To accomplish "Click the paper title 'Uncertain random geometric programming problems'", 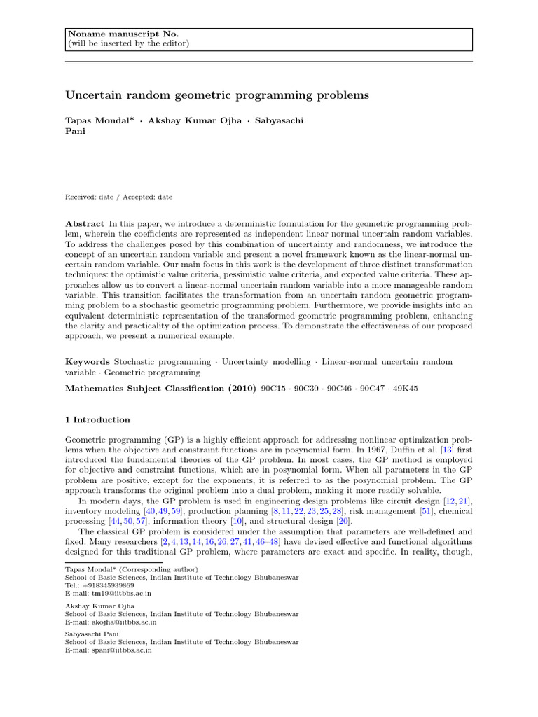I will [x=216, y=94].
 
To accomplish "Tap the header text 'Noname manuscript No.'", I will [x=109, y=34].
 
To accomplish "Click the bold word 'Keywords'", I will [x=88, y=362].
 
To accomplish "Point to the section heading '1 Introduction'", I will [x=97, y=420].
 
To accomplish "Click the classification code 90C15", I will [x=272, y=389].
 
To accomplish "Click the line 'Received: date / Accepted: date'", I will [x=118, y=197].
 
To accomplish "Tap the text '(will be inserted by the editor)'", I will [x=128, y=43].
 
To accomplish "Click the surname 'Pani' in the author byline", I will [x=75, y=131].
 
